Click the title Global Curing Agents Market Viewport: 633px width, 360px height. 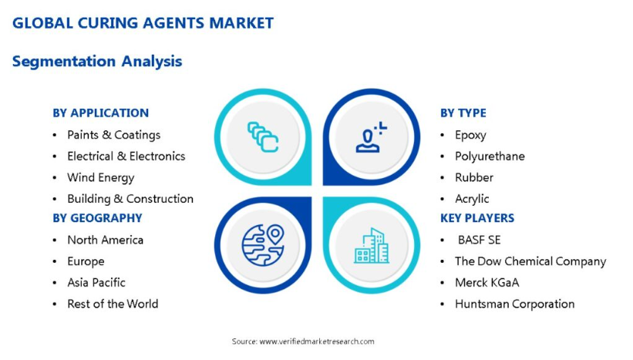tap(143, 23)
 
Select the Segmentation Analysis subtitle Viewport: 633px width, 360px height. tap(97, 62)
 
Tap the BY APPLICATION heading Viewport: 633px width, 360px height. tap(100, 113)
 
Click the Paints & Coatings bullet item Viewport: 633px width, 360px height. tap(114, 135)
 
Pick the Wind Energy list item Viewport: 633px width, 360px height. tap(100, 177)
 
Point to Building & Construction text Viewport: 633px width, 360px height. tap(130, 199)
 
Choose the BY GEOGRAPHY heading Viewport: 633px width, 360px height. tap(97, 218)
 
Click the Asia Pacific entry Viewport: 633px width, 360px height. tap(96, 282)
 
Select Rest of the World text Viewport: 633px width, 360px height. tap(113, 304)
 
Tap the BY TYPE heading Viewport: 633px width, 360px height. tap(463, 113)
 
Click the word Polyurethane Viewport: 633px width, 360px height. tap(490, 156)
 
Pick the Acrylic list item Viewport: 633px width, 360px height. tap(472, 199)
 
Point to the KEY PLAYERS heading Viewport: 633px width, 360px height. tap(477, 218)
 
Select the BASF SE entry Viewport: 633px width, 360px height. tap(480, 241)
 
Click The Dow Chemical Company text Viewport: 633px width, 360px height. tap(530, 261)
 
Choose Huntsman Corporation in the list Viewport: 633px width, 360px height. tap(515, 304)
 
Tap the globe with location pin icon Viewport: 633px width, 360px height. tap(263, 245)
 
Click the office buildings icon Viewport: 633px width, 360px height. tap(372, 246)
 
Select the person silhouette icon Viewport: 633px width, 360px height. tap(371, 137)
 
